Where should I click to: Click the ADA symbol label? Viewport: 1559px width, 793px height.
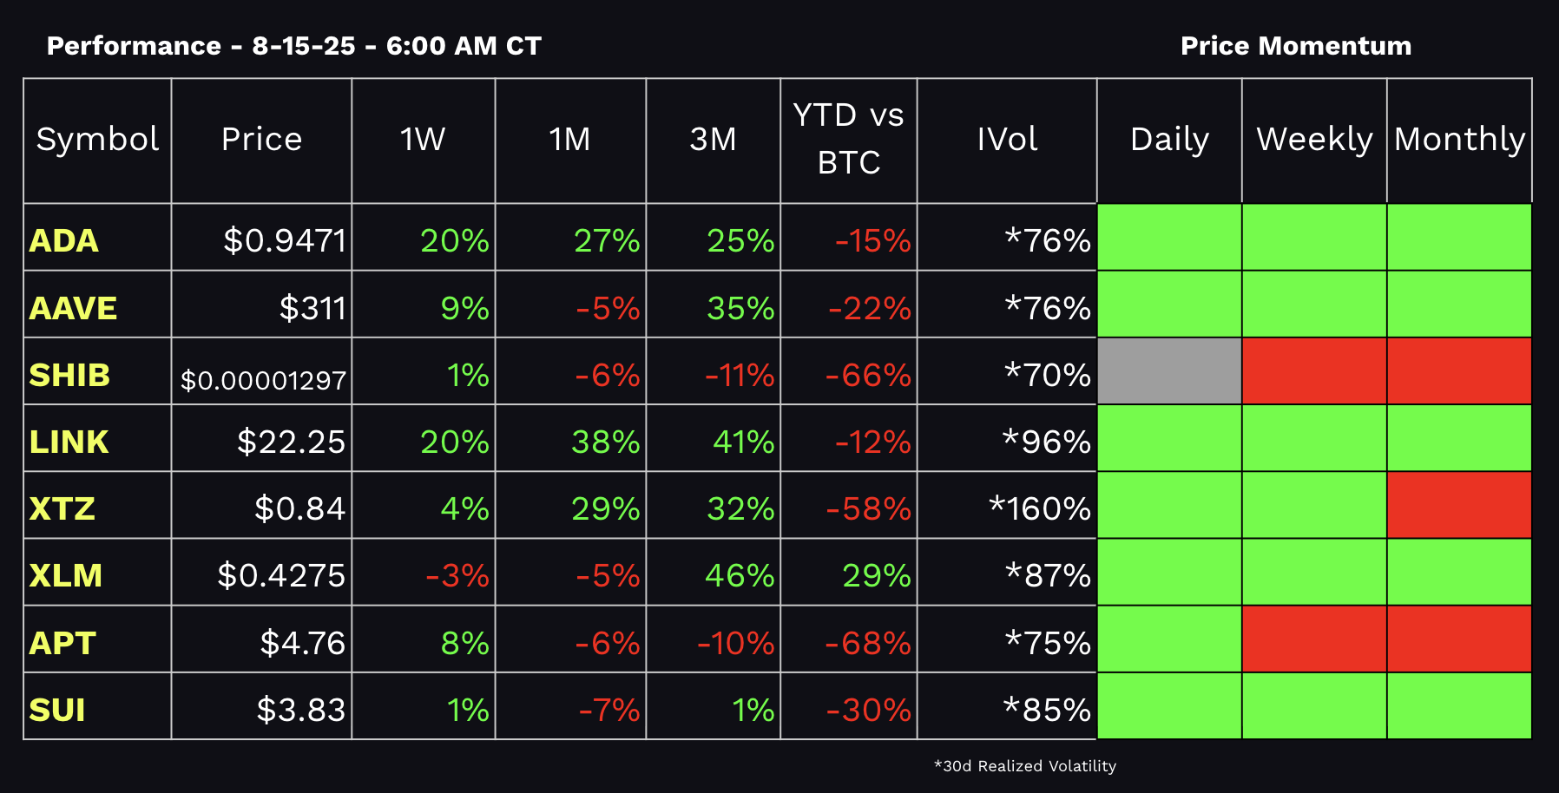click(x=63, y=240)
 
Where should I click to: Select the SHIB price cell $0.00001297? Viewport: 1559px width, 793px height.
click(x=263, y=380)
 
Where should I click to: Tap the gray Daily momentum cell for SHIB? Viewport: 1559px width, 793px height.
click(x=1168, y=371)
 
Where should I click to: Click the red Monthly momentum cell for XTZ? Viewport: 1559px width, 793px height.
click(x=1458, y=505)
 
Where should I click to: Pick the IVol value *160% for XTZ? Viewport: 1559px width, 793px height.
click(x=1039, y=508)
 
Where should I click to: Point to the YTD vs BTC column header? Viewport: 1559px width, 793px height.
click(x=848, y=139)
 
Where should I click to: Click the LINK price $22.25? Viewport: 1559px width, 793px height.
click(x=291, y=442)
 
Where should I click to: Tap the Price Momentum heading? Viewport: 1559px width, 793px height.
click(x=1295, y=46)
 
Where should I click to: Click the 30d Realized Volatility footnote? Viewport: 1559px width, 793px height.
click(x=1024, y=766)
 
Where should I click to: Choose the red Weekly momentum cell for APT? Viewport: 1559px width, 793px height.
click(x=1313, y=639)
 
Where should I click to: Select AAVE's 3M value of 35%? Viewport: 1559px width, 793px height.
click(x=740, y=308)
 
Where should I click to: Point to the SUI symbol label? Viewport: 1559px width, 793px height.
click(x=57, y=710)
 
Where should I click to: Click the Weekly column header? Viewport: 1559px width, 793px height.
click(x=1313, y=139)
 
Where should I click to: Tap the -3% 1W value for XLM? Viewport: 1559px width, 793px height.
click(x=457, y=575)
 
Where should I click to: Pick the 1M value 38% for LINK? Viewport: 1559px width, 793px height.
click(x=605, y=442)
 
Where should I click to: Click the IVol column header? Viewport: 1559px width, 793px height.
click(x=1006, y=139)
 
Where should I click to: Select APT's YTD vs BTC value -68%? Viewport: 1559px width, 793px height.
click(x=867, y=643)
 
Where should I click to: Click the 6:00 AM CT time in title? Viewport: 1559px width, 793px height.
click(x=464, y=46)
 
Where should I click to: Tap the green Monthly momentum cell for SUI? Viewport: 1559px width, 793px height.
click(x=1458, y=706)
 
